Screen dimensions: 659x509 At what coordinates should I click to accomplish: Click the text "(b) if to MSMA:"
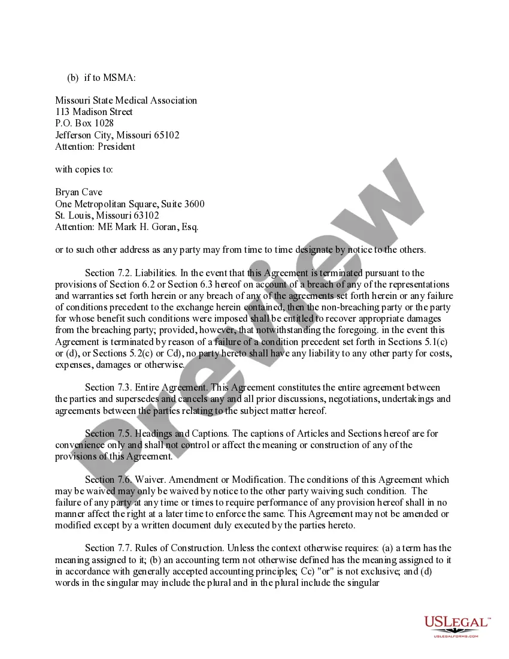(x=101, y=78)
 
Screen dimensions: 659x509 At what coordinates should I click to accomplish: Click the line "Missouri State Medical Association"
(x=126, y=101)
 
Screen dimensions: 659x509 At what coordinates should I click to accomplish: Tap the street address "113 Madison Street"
(x=94, y=112)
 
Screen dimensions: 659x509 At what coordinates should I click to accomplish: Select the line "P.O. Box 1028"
(x=84, y=123)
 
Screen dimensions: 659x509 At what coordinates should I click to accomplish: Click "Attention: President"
(x=95, y=146)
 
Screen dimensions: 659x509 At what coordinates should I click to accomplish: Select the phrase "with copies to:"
(x=84, y=170)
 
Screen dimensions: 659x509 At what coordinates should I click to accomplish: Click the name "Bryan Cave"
(x=78, y=192)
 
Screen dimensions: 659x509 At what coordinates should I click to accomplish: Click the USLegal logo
(x=457, y=626)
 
